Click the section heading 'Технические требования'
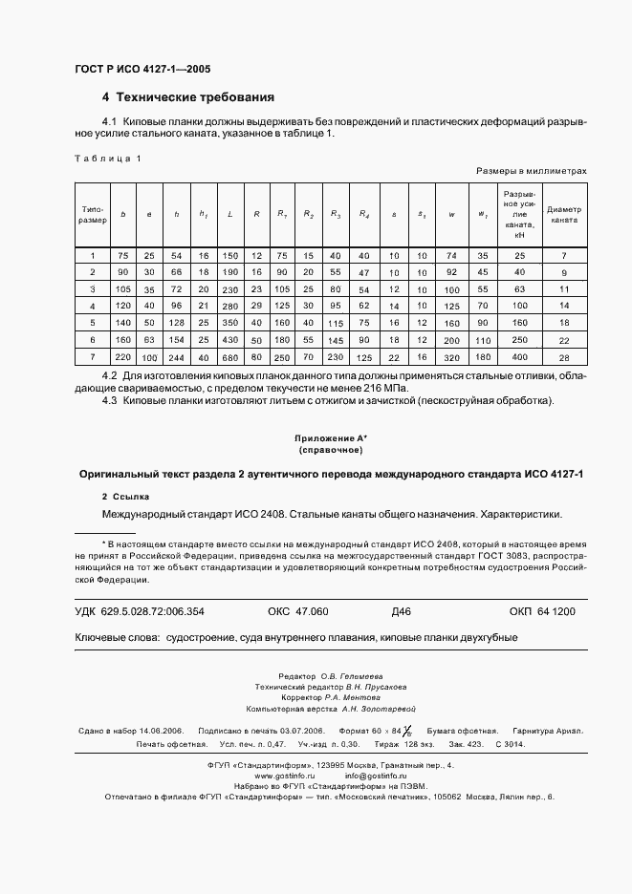pos(195,97)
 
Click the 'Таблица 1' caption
pos(107,158)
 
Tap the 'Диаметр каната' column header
pos(564,213)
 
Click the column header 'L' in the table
pos(230,213)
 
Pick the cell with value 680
pos(230,357)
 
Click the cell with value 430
pos(230,340)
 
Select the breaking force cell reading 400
pos(520,357)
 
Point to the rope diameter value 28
pos(564,357)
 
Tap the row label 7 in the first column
pos(93,357)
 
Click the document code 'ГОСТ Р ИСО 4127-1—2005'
pos(142,70)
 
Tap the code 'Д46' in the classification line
pos(402,610)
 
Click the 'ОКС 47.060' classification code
pos(297,610)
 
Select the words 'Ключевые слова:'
pos(116,637)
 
